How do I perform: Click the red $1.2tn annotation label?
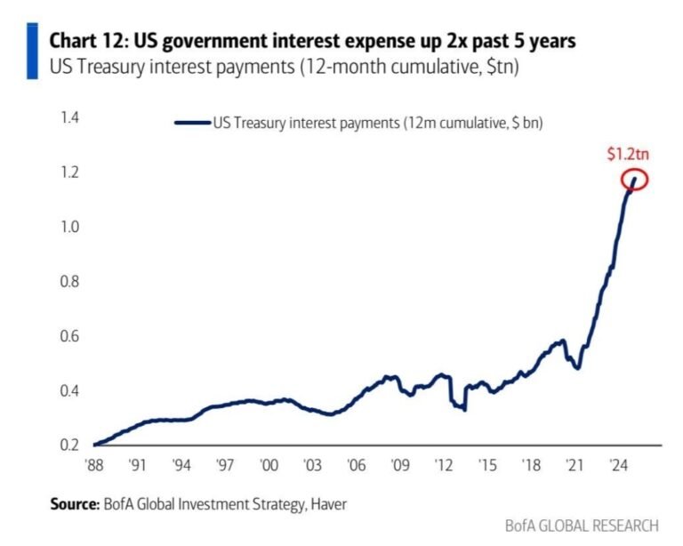click(x=628, y=154)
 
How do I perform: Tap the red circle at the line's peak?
click(x=634, y=180)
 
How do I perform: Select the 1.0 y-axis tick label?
click(x=70, y=227)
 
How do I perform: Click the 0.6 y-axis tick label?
click(x=70, y=336)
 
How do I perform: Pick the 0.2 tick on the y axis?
click(x=70, y=446)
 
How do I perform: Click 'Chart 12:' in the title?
click(x=88, y=41)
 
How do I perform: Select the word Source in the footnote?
click(x=73, y=504)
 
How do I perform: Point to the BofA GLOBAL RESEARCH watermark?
click(x=582, y=526)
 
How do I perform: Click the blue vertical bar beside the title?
click(x=33, y=51)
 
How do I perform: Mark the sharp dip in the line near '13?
click(x=464, y=408)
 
